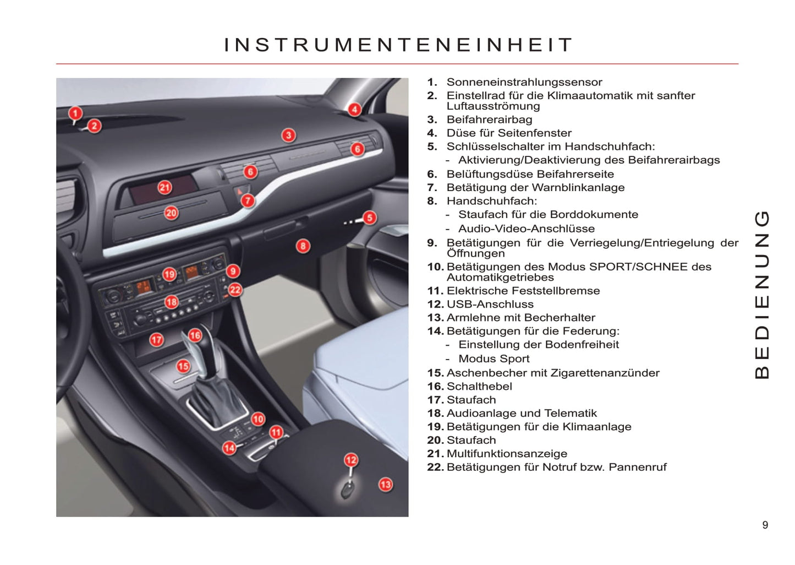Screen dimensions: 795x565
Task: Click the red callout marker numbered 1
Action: click(x=75, y=113)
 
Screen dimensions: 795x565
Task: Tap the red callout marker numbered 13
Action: click(x=386, y=485)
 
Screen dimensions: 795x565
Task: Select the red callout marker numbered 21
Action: click(x=165, y=187)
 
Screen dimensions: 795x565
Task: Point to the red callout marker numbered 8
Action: click(x=303, y=246)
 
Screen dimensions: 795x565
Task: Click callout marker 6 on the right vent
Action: click(x=358, y=149)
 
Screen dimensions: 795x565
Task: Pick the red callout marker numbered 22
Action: click(x=235, y=290)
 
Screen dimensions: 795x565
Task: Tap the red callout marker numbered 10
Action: click(x=258, y=419)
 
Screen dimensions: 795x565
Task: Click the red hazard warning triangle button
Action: click(x=239, y=192)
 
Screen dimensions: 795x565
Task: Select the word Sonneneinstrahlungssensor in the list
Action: click(x=524, y=82)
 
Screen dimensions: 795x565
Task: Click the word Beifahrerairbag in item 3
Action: click(x=490, y=119)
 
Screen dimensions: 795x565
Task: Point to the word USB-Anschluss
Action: click(x=490, y=304)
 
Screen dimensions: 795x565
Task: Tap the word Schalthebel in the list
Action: click(x=479, y=386)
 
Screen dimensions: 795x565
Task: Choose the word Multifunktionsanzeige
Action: click(x=507, y=453)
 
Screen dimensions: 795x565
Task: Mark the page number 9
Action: click(x=765, y=525)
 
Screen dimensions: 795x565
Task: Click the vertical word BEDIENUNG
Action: click(x=761, y=295)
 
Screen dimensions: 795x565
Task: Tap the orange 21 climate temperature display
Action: click(x=144, y=286)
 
